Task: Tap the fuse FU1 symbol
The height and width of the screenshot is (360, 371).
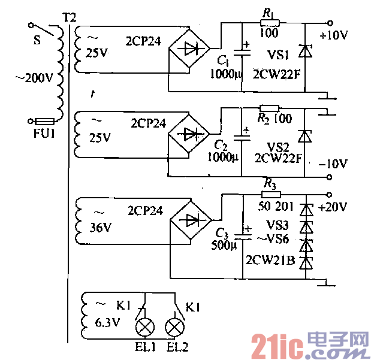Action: pyautogui.click(x=45, y=120)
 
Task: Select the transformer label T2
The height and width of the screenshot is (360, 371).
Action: pyautogui.click(x=69, y=16)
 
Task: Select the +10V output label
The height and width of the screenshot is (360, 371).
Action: pyautogui.click(x=333, y=35)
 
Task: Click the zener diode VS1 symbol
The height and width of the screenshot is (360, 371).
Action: pyautogui.click(x=306, y=52)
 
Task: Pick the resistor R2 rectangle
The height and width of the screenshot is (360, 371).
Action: pyautogui.click(x=269, y=108)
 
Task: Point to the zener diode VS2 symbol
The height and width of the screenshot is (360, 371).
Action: pyautogui.click(x=306, y=136)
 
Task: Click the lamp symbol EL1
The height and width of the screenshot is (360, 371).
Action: pyautogui.click(x=144, y=327)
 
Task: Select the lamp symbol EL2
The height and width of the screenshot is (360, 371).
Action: pyautogui.click(x=174, y=327)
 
